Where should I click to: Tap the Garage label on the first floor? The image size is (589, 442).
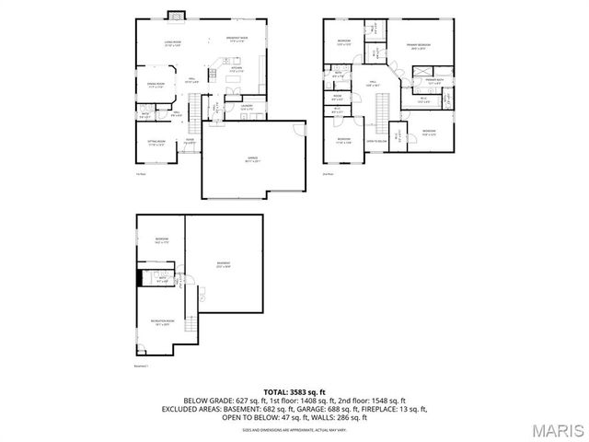[252, 159]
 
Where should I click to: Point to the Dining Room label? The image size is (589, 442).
[155, 85]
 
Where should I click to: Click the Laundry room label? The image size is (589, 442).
[248, 107]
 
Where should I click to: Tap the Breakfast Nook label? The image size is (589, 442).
[237, 40]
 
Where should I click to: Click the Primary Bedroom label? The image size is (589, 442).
[419, 46]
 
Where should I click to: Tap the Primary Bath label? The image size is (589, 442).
[433, 80]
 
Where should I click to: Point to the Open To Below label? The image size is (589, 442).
[376, 141]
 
